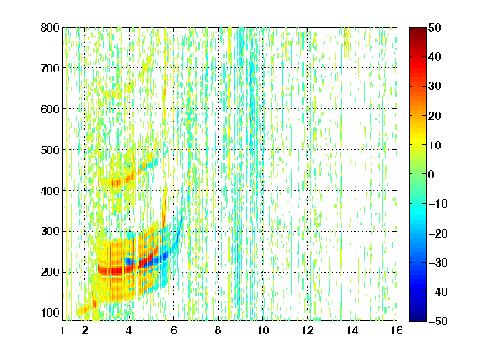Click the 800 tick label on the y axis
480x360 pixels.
[50, 27]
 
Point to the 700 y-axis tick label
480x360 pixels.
[50, 68]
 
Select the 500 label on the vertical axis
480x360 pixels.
[50, 150]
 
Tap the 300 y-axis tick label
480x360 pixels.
[50, 232]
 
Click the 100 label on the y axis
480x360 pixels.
[50, 312]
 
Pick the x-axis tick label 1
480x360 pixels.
[62, 330]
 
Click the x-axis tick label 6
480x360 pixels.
[173, 330]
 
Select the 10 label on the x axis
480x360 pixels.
[263, 330]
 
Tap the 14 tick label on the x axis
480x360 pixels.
[352, 330]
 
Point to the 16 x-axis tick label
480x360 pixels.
[397, 330]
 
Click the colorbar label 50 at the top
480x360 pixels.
[435, 27]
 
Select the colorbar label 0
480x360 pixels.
[432, 174]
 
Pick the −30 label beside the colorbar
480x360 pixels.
[438, 262]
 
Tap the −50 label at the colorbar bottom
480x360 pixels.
[438, 321]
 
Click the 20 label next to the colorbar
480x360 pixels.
[435, 116]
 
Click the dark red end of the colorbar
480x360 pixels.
[417, 30]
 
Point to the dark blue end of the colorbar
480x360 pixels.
[417, 318]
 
